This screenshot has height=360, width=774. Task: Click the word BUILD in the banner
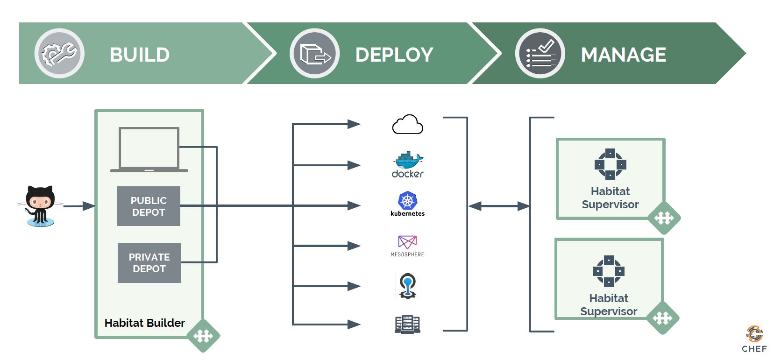tap(139, 55)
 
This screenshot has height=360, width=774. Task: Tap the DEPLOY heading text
tap(394, 55)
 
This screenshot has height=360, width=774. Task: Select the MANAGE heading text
tap(623, 55)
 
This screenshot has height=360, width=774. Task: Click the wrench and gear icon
tap(59, 53)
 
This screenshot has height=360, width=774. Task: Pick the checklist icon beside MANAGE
tap(540, 53)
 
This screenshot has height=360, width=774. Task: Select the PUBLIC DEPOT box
tap(149, 206)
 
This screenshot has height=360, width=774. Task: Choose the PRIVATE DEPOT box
tap(149, 263)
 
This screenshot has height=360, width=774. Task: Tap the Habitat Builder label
tap(144, 323)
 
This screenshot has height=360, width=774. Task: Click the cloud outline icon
tap(407, 124)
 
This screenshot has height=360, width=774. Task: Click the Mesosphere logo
tap(407, 246)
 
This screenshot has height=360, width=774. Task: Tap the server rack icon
tap(407, 324)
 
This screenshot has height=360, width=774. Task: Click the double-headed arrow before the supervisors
tap(499, 206)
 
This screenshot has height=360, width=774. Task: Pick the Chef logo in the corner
tap(754, 339)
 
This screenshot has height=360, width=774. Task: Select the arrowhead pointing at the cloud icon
tap(354, 124)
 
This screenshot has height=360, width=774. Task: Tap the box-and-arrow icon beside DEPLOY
tap(314, 53)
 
